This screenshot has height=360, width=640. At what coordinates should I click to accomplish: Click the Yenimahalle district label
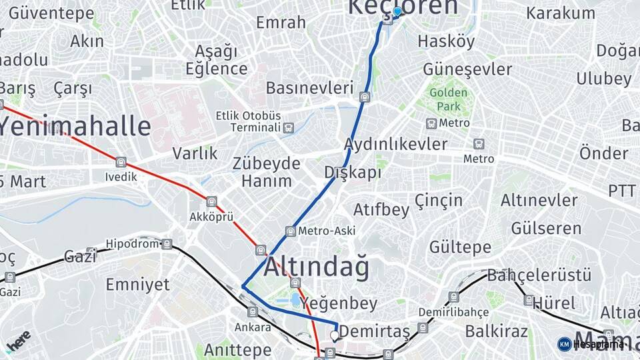pyautogui.click(x=75, y=125)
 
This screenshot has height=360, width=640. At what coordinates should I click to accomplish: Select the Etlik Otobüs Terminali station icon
pyautogui.click(x=288, y=128)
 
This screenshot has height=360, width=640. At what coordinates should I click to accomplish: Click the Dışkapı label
pyautogui.click(x=353, y=173)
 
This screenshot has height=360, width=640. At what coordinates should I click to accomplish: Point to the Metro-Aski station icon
pyautogui.click(x=290, y=231)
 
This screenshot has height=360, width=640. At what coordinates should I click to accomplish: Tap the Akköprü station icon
pyautogui.click(x=211, y=201)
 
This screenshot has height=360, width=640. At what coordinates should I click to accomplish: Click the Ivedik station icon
pyautogui.click(x=121, y=162)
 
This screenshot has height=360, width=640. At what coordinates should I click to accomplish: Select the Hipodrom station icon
pyautogui.click(x=167, y=244)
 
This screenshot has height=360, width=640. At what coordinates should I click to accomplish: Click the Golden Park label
pyautogui.click(x=448, y=99)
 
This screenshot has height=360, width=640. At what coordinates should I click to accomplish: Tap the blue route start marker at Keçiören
pyautogui.click(x=397, y=11)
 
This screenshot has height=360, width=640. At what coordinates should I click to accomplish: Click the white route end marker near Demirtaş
pyautogui.click(x=335, y=335)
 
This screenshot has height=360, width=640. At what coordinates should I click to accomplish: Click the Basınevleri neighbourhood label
pyautogui.click(x=309, y=87)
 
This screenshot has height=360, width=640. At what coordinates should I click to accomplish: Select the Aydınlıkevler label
pyautogui.click(x=395, y=144)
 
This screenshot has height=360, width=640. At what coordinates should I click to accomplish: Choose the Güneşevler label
pyautogui.click(x=467, y=69)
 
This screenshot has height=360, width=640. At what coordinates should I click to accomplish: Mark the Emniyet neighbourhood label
pyautogui.click(x=137, y=285)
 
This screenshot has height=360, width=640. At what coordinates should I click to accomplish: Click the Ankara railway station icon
pyautogui.click(x=252, y=311)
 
